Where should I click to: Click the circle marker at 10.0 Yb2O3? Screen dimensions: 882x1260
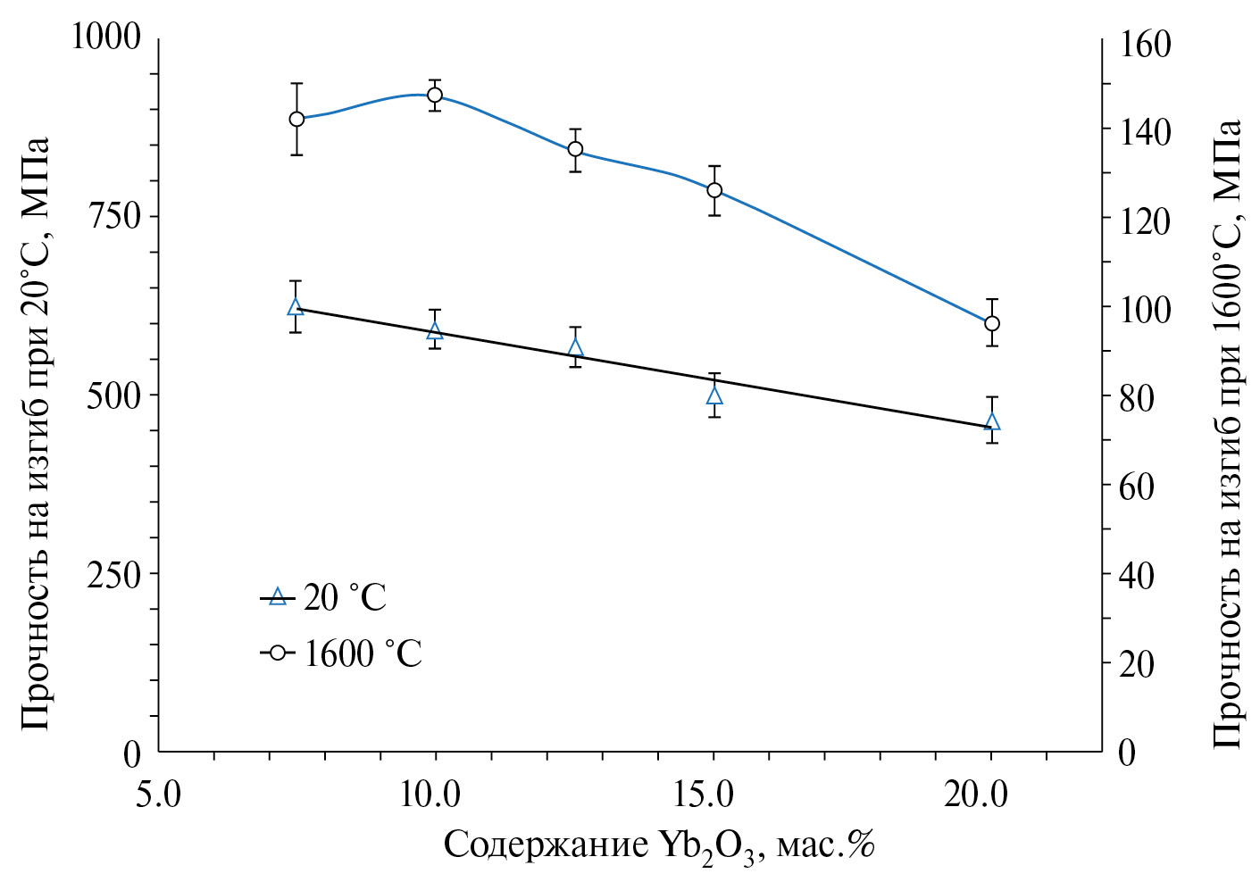pos(435,96)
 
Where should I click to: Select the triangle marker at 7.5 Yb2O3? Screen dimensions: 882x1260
pos(296,307)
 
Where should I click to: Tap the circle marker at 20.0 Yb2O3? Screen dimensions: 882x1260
pos(991,323)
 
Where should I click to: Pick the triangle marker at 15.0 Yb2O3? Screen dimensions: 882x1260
pos(713,395)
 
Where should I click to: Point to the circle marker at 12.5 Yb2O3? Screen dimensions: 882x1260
pos(575,149)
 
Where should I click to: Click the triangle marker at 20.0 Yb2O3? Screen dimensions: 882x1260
pos(991,421)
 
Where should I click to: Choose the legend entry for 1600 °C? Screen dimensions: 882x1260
pos(343,653)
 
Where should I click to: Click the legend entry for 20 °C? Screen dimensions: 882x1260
pos(325,597)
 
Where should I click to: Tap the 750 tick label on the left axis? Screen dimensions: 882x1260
pos(114,216)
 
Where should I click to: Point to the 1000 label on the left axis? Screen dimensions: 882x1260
pos(106,37)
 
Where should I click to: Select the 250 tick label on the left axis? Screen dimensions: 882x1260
pos(114,574)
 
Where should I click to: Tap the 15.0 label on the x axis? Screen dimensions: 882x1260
pos(713,794)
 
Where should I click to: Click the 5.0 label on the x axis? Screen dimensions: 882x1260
pos(158,794)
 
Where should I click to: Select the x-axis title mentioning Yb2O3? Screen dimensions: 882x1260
pos(658,845)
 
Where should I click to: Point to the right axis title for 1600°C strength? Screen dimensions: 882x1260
pos(1228,433)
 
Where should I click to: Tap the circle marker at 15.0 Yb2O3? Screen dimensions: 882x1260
pos(713,190)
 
